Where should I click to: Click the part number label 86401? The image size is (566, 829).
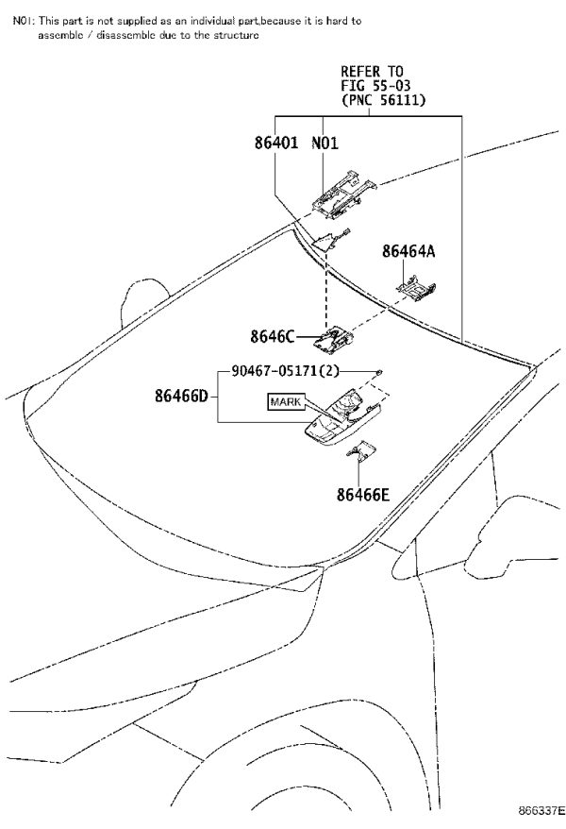point(276,143)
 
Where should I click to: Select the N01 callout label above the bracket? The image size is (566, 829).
point(325,143)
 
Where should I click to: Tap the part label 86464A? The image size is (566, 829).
point(408,251)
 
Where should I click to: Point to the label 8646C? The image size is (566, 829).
point(272,336)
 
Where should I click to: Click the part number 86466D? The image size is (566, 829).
point(182,395)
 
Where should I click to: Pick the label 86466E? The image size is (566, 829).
point(363,495)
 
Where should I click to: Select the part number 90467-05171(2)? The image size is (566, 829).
point(285,371)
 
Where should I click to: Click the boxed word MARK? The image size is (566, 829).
point(286,402)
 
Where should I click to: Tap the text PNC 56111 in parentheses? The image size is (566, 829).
point(383,100)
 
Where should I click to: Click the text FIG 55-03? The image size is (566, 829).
point(375,86)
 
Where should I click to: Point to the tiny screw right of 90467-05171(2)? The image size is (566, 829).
point(378,373)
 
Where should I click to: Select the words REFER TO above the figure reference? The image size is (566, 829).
point(372,72)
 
